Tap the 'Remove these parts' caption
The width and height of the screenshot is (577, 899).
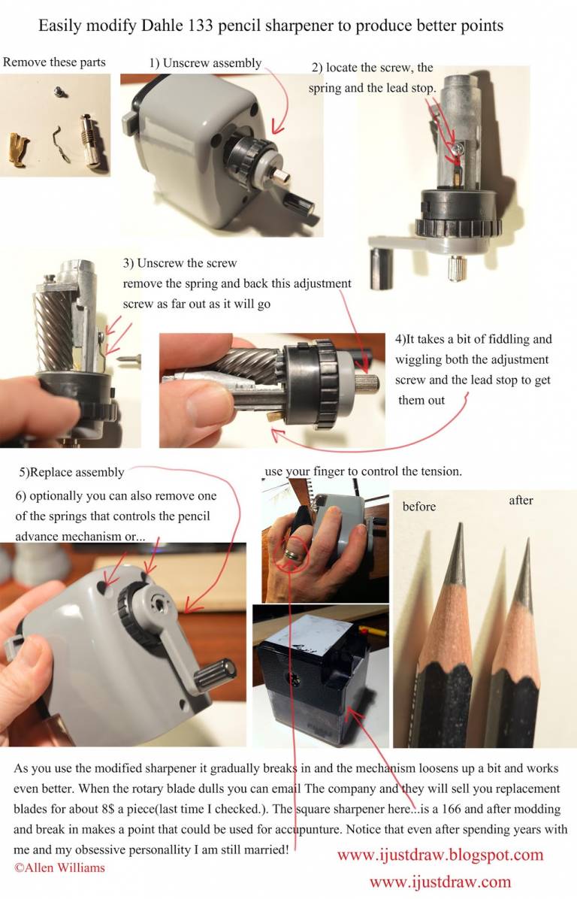[x=54, y=62]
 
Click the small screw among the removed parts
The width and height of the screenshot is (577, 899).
[x=58, y=91]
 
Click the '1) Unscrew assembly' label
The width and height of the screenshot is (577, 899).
[x=205, y=63]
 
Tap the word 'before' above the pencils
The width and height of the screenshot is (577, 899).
[x=419, y=507]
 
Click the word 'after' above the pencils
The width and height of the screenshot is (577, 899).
[x=521, y=500]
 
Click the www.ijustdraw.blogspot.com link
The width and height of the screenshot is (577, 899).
[x=440, y=855]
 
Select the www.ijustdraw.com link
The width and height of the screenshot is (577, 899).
[x=440, y=881]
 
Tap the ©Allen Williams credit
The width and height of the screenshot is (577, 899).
[x=59, y=867]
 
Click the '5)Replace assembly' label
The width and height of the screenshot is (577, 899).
[x=71, y=473]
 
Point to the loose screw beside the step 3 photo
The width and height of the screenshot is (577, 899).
[x=129, y=359]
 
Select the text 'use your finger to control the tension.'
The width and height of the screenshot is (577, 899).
[x=364, y=471]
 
